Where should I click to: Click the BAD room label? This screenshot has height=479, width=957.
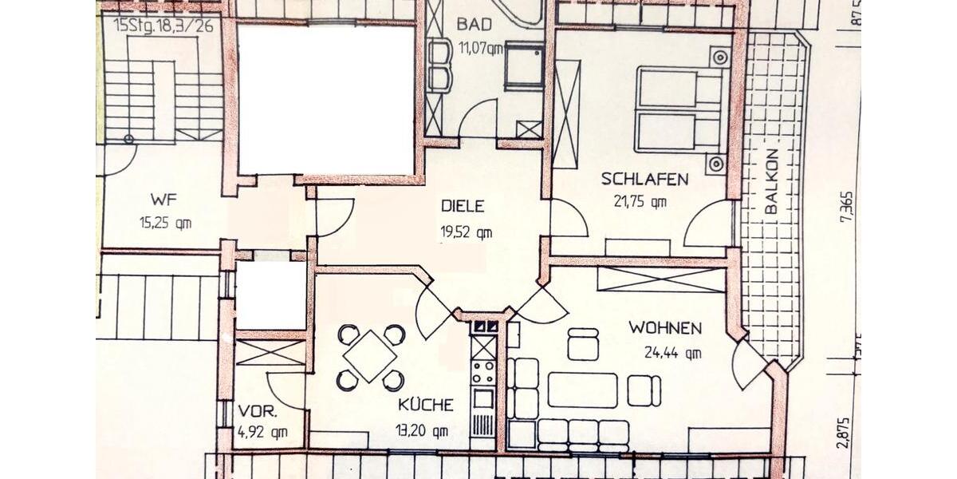click(x=474, y=24)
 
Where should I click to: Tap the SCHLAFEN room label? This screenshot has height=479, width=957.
click(x=644, y=179)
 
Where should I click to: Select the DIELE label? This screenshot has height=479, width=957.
click(x=463, y=206)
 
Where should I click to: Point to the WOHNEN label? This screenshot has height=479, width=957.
click(x=665, y=327)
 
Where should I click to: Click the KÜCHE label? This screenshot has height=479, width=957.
click(x=426, y=405)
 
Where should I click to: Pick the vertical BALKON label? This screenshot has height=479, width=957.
click(x=770, y=182)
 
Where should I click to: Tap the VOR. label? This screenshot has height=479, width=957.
click(x=258, y=413)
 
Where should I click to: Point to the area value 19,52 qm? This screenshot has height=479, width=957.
click(x=466, y=233)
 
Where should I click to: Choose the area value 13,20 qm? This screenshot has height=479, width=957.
click(x=422, y=432)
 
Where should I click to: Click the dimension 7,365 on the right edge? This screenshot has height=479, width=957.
click(x=849, y=210)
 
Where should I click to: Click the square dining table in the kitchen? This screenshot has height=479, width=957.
click(x=370, y=355)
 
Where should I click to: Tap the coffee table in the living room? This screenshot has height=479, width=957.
click(x=582, y=390)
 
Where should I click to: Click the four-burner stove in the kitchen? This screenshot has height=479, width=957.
click(x=482, y=371)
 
